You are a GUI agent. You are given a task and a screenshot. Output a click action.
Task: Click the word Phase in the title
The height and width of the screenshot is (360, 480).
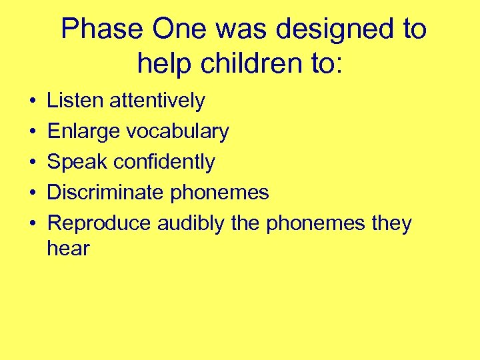[102, 30]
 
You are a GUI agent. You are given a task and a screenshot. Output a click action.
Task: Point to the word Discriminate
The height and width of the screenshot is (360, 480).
[105, 193]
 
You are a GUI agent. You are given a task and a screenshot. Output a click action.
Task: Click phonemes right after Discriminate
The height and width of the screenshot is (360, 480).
[219, 193]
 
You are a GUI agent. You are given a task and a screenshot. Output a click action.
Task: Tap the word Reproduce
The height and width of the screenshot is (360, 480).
[99, 223]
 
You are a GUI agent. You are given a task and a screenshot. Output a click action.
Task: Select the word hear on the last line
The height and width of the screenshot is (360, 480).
[68, 249]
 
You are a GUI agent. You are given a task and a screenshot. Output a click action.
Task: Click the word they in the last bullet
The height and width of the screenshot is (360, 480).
[391, 223]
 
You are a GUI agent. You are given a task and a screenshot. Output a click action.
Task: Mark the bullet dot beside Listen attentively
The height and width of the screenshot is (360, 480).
[32, 101]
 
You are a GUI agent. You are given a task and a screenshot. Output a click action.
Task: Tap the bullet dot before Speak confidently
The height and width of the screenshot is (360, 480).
[32, 163]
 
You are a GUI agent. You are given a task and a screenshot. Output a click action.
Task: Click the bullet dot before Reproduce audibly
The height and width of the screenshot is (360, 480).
[32, 224]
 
